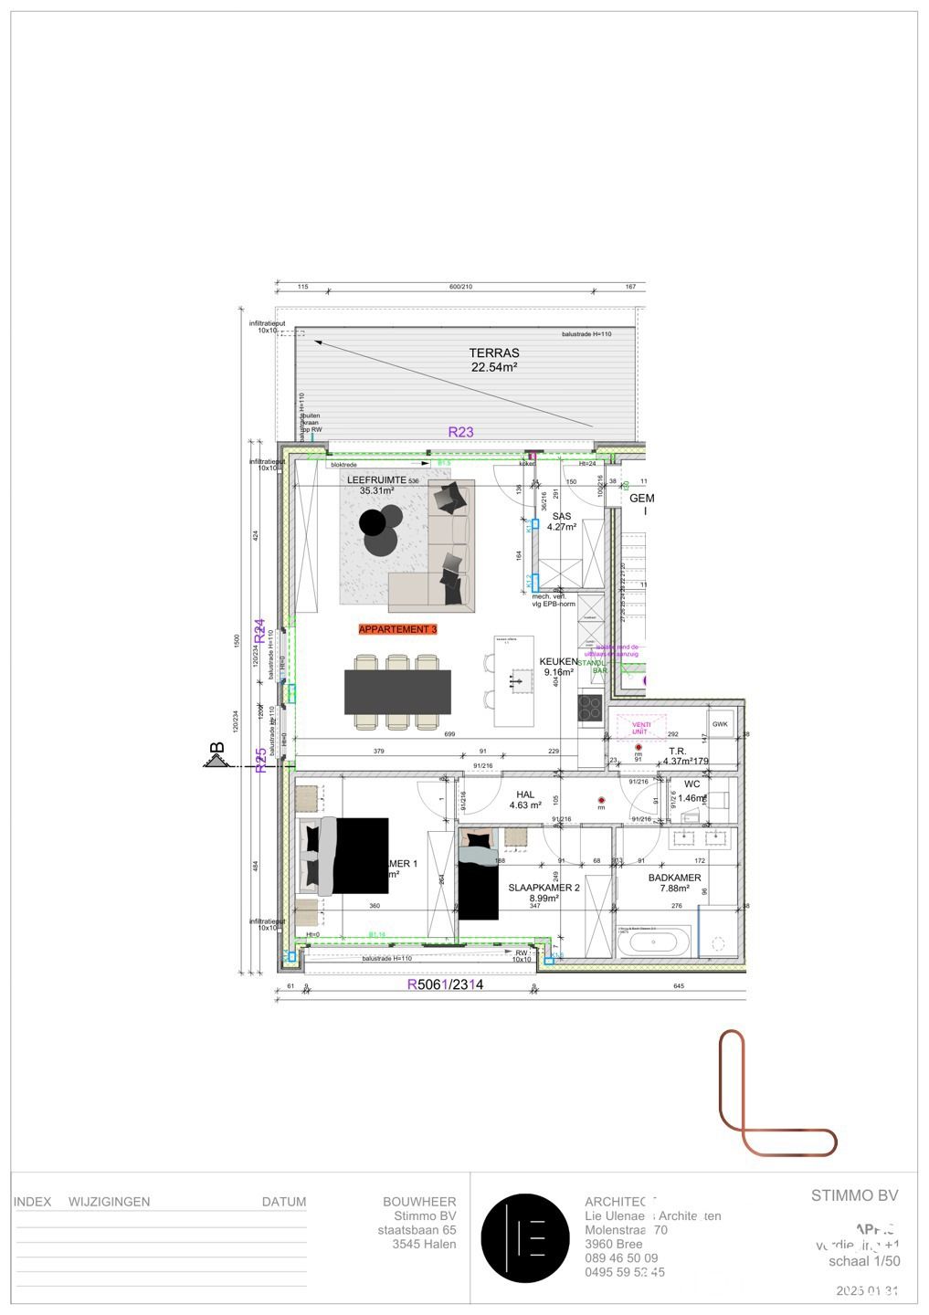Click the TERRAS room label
click(493, 360)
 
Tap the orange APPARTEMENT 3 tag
click(397, 629)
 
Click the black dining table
click(397, 692)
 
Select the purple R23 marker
click(460, 432)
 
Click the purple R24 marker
click(259, 630)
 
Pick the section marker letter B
click(217, 749)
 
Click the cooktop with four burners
click(589, 709)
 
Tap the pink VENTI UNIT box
click(640, 727)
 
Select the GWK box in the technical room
click(721, 724)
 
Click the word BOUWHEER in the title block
click(419, 1202)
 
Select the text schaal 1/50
click(863, 1261)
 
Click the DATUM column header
click(283, 1202)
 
